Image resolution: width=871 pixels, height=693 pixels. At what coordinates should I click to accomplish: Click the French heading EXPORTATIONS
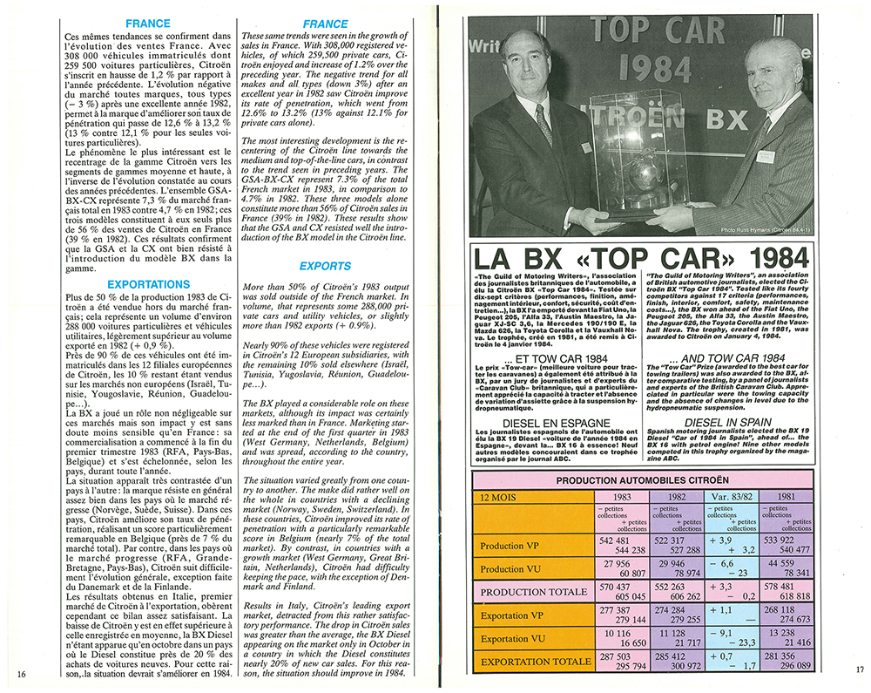[147, 284]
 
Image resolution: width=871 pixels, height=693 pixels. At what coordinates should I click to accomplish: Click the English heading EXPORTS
[325, 266]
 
